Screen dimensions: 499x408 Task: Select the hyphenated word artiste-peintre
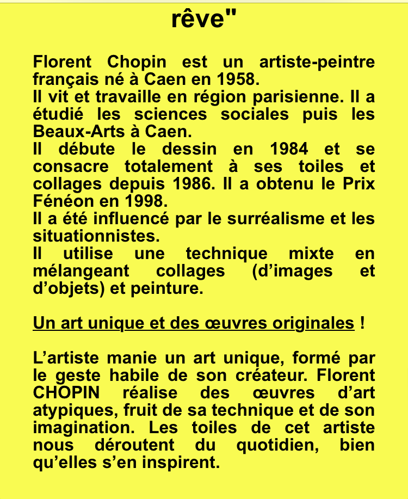coord(317,62)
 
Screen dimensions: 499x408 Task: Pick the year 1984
coord(288,149)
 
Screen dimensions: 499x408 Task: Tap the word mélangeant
coord(82,271)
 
